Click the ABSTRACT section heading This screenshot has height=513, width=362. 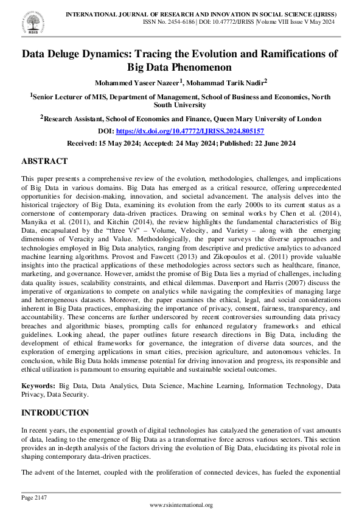tap(44, 161)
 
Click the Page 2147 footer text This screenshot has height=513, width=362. tap(34, 498)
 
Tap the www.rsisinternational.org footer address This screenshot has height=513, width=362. tap(181, 505)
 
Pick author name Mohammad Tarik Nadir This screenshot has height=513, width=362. tap(225, 82)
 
